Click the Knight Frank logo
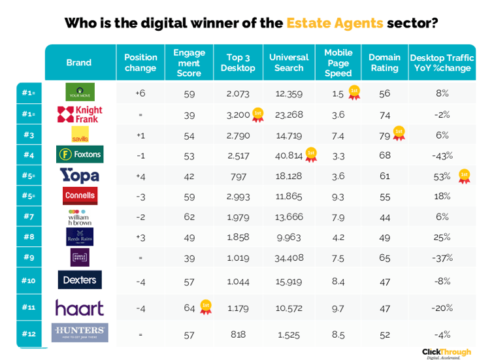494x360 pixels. (80, 114)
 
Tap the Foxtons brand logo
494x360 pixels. (80, 155)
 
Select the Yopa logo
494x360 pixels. (80, 175)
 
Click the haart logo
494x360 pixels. (80, 307)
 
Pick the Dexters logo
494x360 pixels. (80, 280)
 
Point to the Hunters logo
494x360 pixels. (80, 333)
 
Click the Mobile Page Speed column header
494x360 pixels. (338, 63)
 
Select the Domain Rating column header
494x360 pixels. (384, 63)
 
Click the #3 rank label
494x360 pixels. (28, 135)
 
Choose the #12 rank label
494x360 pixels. (28, 334)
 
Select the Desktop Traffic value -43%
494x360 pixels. (442, 155)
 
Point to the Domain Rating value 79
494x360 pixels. (384, 135)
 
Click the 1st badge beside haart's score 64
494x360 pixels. (206, 306)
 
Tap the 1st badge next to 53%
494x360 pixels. (464, 176)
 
